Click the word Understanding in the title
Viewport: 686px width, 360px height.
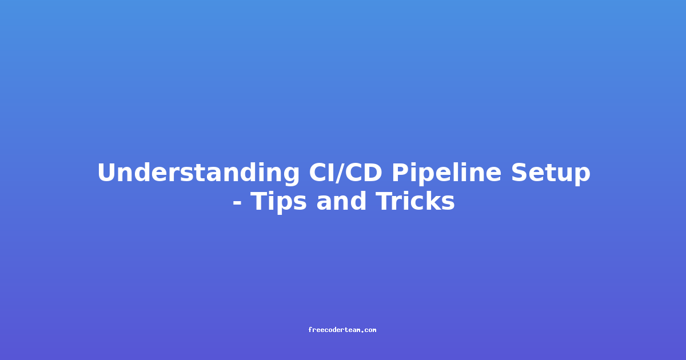point(198,173)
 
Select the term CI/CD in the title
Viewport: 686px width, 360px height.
point(345,173)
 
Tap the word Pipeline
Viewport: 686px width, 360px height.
point(447,174)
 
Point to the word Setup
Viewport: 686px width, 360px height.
point(551,174)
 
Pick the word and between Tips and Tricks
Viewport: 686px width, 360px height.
point(341,201)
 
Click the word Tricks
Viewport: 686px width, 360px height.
point(415,201)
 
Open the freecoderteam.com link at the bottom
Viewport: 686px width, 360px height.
point(342,330)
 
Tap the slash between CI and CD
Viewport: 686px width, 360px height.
point(341,173)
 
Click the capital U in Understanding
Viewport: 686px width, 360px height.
point(107,173)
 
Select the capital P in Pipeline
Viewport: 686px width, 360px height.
point(401,173)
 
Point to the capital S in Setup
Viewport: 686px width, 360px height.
point(520,173)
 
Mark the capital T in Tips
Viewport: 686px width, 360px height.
point(260,201)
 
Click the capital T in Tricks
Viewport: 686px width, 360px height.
point(384,201)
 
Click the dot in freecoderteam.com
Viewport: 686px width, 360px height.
point(362,331)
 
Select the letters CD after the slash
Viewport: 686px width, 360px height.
point(365,173)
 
